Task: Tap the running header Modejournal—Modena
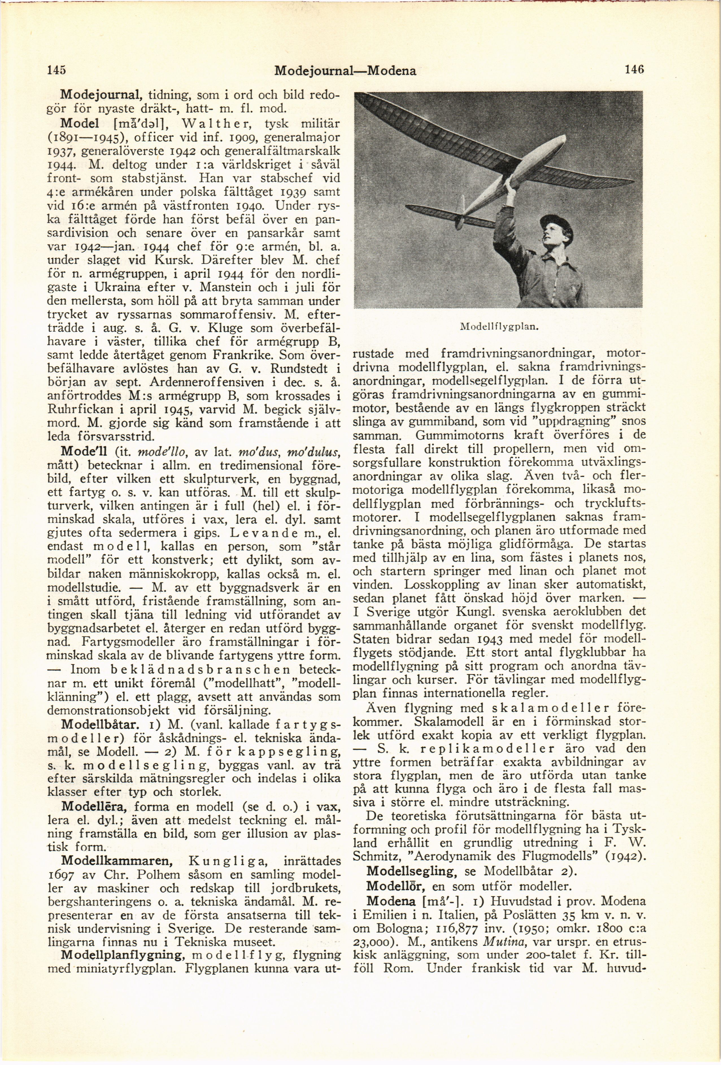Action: pos(345,71)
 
